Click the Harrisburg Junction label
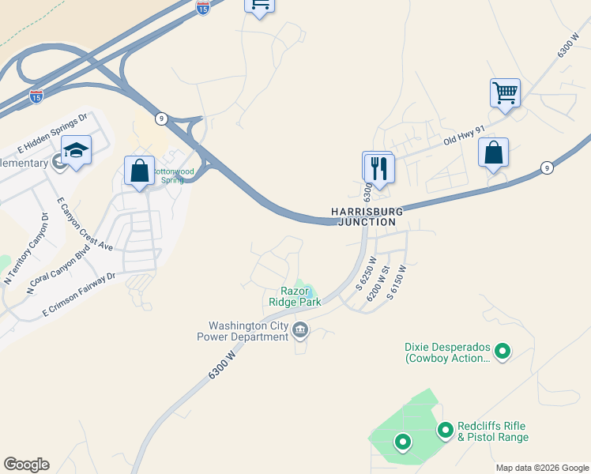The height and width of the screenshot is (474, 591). [x=366, y=217]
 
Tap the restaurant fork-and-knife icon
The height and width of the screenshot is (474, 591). [x=378, y=168]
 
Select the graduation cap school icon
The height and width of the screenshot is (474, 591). [x=76, y=150]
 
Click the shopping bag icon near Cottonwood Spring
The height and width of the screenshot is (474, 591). [x=139, y=171]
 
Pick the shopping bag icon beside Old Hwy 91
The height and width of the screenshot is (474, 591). [x=493, y=152]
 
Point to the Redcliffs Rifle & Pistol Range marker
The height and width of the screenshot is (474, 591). [x=445, y=430]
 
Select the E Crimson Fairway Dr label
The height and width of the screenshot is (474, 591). [x=79, y=296]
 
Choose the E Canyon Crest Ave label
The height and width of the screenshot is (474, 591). [x=85, y=224]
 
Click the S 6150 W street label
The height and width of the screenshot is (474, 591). [x=397, y=279]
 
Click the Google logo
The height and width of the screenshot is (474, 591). [x=26, y=465]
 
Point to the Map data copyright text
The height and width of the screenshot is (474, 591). [x=540, y=468]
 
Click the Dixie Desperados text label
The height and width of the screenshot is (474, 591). [x=447, y=352]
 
